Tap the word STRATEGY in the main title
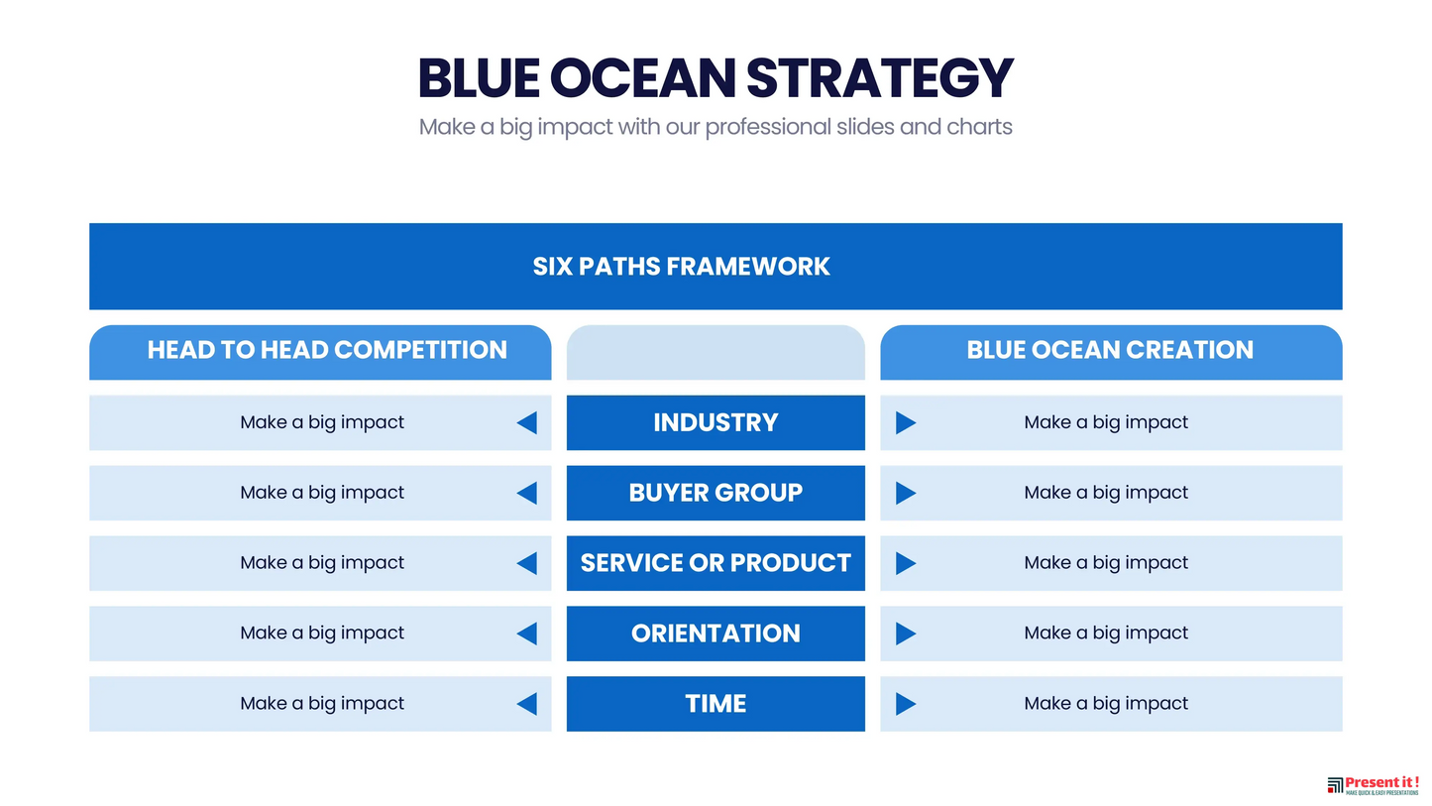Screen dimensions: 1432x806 (x=880, y=78)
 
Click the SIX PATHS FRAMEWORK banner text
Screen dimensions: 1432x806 (x=682, y=266)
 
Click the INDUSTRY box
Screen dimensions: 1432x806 (x=716, y=423)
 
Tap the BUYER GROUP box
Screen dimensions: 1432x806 (x=716, y=493)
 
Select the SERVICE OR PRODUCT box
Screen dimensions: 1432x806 (x=716, y=563)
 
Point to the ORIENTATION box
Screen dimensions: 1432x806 (x=716, y=633)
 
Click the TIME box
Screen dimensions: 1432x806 (x=716, y=704)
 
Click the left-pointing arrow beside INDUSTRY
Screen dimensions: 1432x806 (x=527, y=423)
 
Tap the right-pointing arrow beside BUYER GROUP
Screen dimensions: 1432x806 (x=906, y=493)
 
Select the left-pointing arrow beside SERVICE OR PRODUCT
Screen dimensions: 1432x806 (x=527, y=563)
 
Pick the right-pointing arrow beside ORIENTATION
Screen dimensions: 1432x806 (x=906, y=633)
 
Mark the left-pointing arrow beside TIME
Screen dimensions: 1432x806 (x=527, y=704)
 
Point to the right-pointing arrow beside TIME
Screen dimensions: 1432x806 (x=906, y=704)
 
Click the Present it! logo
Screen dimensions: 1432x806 (x=1373, y=785)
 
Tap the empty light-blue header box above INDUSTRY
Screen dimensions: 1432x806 (x=716, y=353)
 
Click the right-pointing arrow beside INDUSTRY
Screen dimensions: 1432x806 (x=906, y=423)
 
